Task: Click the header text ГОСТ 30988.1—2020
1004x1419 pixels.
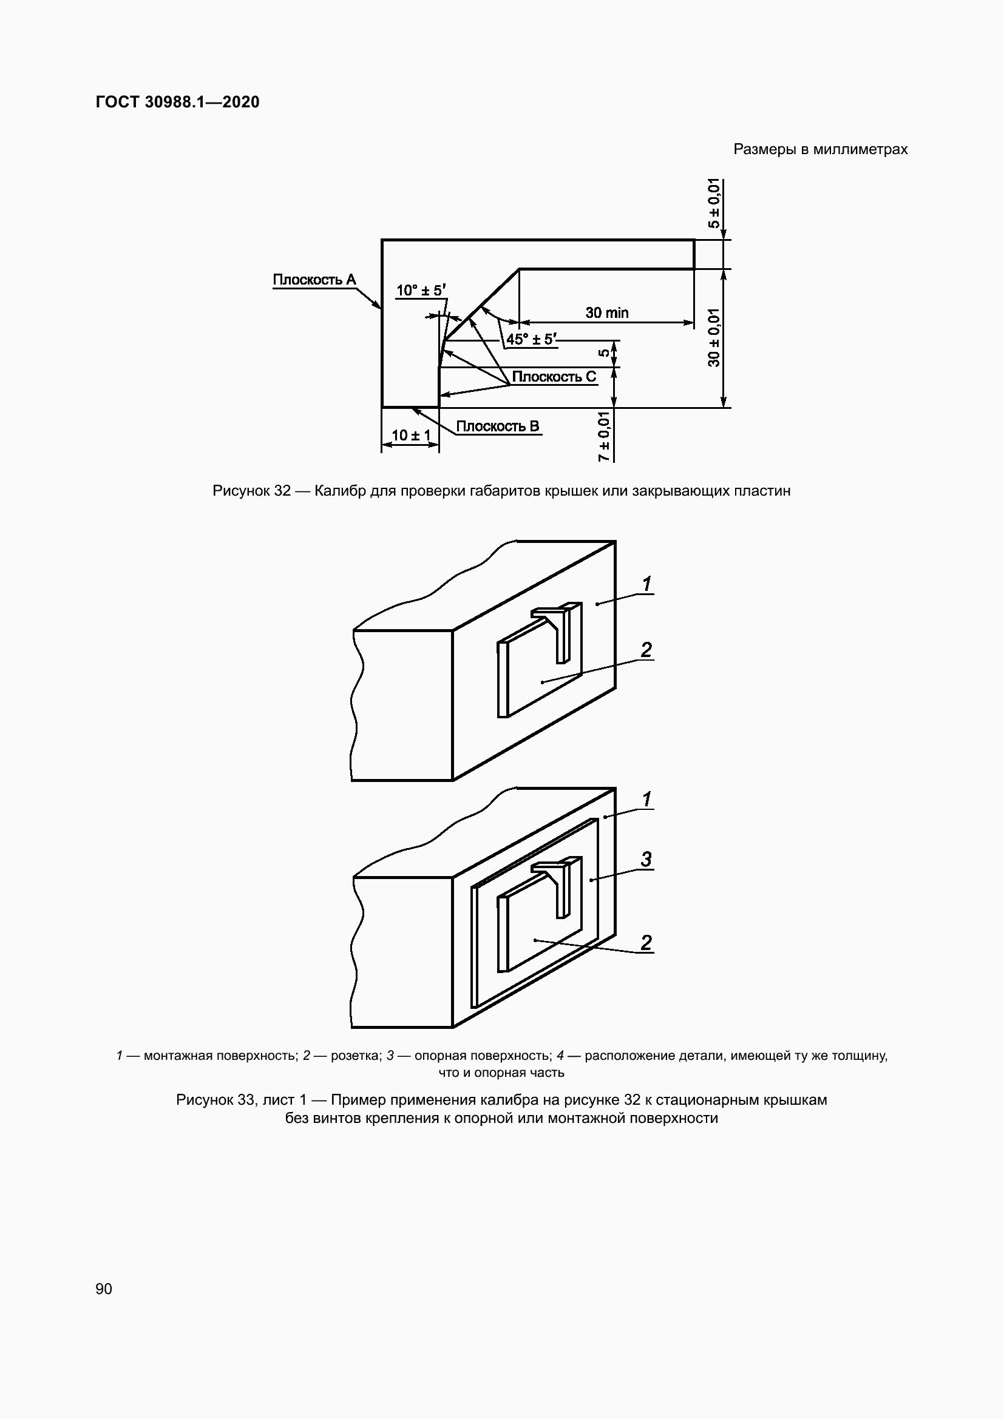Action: pyautogui.click(x=177, y=102)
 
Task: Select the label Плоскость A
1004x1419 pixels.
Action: pyautogui.click(x=314, y=279)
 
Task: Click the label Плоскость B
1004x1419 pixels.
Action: pyautogui.click(x=497, y=426)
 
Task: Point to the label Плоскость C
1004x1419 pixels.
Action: pyautogui.click(x=554, y=376)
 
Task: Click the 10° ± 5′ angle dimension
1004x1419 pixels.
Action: pyautogui.click(x=421, y=290)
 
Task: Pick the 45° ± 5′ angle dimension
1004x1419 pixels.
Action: pyautogui.click(x=531, y=339)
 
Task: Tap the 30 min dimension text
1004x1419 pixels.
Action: pyautogui.click(x=606, y=312)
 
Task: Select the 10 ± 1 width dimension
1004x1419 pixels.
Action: pyautogui.click(x=410, y=435)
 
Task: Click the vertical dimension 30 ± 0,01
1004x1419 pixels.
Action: pyautogui.click(x=714, y=337)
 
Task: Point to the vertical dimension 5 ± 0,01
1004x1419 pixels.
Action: pyautogui.click(x=714, y=203)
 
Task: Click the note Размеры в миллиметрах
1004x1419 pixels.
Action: pyautogui.click(x=821, y=149)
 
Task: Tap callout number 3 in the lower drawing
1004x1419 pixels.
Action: pyautogui.click(x=646, y=859)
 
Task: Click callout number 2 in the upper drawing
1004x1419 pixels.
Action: pyautogui.click(x=646, y=650)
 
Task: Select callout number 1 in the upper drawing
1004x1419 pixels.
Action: pyautogui.click(x=646, y=584)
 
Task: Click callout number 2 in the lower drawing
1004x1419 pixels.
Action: pyautogui.click(x=646, y=943)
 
